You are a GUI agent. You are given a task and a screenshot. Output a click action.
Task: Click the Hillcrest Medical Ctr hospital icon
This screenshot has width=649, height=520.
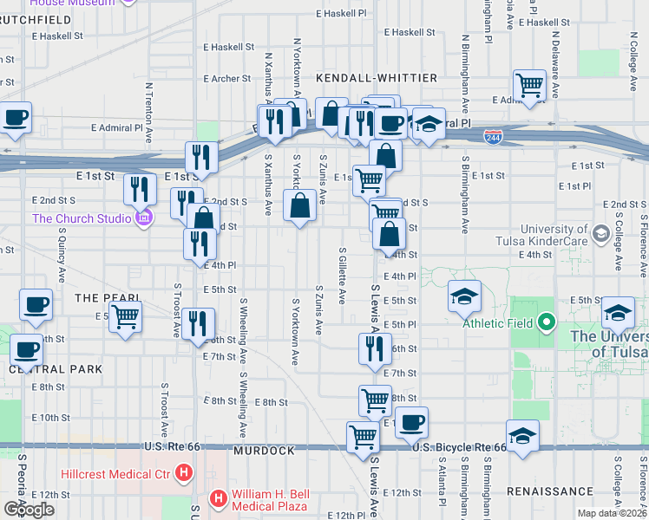(x=183, y=473)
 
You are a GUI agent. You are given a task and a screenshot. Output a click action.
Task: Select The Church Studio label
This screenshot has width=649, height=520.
(x=82, y=218)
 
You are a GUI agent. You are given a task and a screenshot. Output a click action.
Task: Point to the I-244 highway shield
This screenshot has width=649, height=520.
(x=493, y=138)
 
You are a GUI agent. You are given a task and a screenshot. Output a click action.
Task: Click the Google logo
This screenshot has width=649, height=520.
(x=29, y=510)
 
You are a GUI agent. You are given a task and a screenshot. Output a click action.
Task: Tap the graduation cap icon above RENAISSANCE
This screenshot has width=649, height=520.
(x=523, y=435)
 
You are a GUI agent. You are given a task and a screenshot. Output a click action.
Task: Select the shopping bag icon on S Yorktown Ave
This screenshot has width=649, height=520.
(x=300, y=206)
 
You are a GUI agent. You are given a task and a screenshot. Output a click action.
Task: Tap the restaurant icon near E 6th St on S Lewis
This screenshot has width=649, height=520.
(x=375, y=348)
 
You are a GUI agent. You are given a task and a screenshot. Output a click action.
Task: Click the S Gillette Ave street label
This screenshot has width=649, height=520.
(x=342, y=275)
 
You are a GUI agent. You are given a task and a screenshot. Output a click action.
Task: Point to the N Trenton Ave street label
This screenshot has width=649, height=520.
(x=149, y=113)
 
